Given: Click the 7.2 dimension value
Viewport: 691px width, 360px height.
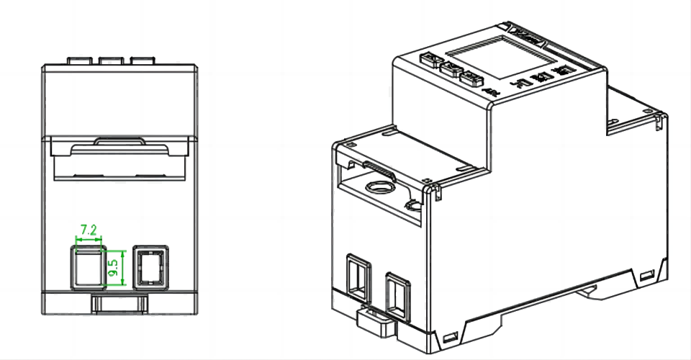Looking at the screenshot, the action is pos(89,230).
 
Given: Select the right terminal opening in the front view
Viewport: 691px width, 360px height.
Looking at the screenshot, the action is pos(150,269).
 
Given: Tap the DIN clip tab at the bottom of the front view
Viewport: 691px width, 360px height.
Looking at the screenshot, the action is pos(119,303).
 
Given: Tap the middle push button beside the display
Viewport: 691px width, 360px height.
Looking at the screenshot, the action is pos(451,69).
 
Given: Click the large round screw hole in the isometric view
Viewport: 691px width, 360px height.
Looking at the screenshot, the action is pos(378,189).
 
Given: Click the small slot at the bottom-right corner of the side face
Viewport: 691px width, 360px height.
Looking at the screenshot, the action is pos(646,274).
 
